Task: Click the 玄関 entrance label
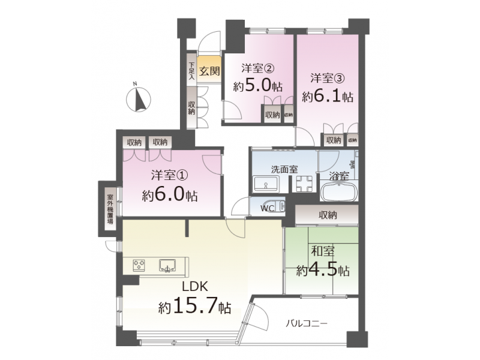pos(209,71)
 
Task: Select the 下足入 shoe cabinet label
pos(191,71)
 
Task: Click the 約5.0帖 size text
pos(258,86)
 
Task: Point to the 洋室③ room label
pos(328,78)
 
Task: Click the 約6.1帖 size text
pos(328,97)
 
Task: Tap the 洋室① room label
pos(169,175)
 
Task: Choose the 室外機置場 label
pos(110,209)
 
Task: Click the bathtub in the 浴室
pos(339,191)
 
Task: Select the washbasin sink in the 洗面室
pos(265,184)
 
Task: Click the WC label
pos(267,208)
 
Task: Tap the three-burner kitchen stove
pos(139,265)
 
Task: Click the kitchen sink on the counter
pos(167,265)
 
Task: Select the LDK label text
pos(195,287)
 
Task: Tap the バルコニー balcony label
pos(307,323)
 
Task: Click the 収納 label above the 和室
pos(328,215)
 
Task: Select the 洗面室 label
pos(284,169)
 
